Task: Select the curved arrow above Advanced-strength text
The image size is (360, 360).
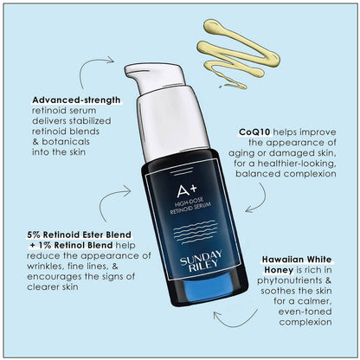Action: (x=102, y=62)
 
